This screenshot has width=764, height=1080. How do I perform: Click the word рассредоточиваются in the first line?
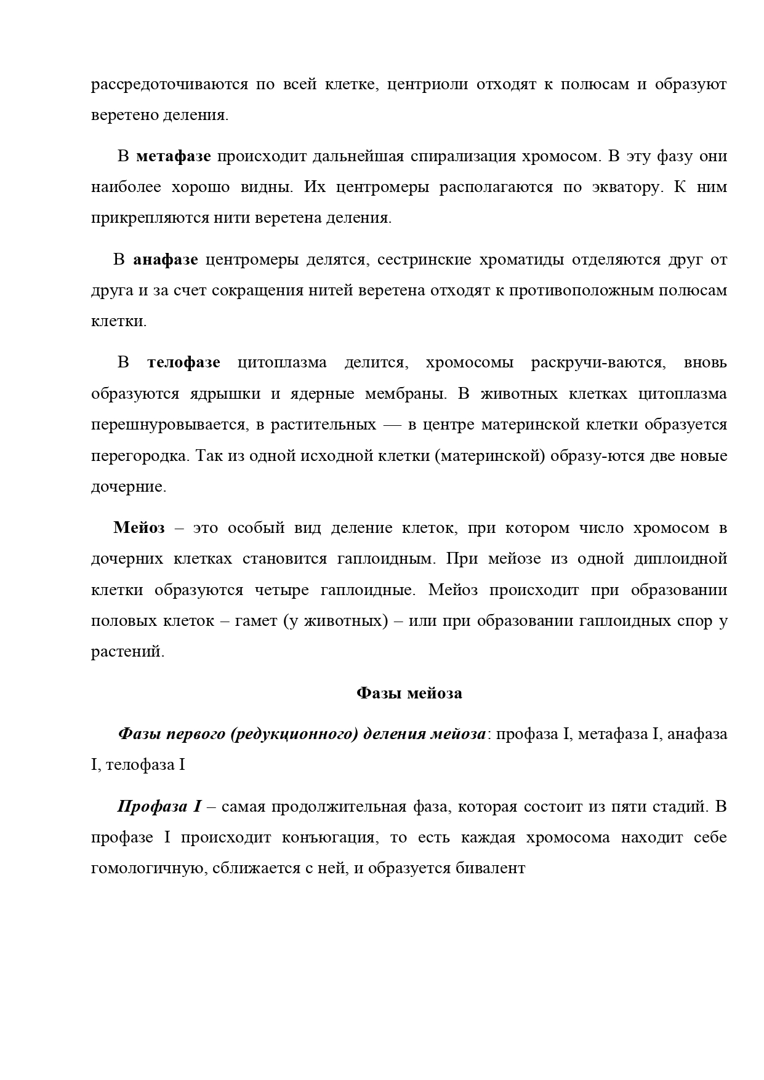(x=169, y=84)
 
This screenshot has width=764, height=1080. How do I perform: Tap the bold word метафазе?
(x=173, y=156)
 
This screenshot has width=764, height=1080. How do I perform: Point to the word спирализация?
(x=462, y=156)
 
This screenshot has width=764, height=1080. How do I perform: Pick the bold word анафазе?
(x=165, y=260)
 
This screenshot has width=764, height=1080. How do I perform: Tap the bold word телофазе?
(x=183, y=363)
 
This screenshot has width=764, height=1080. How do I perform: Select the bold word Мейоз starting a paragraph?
(x=139, y=528)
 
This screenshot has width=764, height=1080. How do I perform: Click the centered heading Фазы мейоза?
(x=409, y=694)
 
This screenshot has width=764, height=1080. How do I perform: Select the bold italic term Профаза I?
(x=159, y=807)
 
